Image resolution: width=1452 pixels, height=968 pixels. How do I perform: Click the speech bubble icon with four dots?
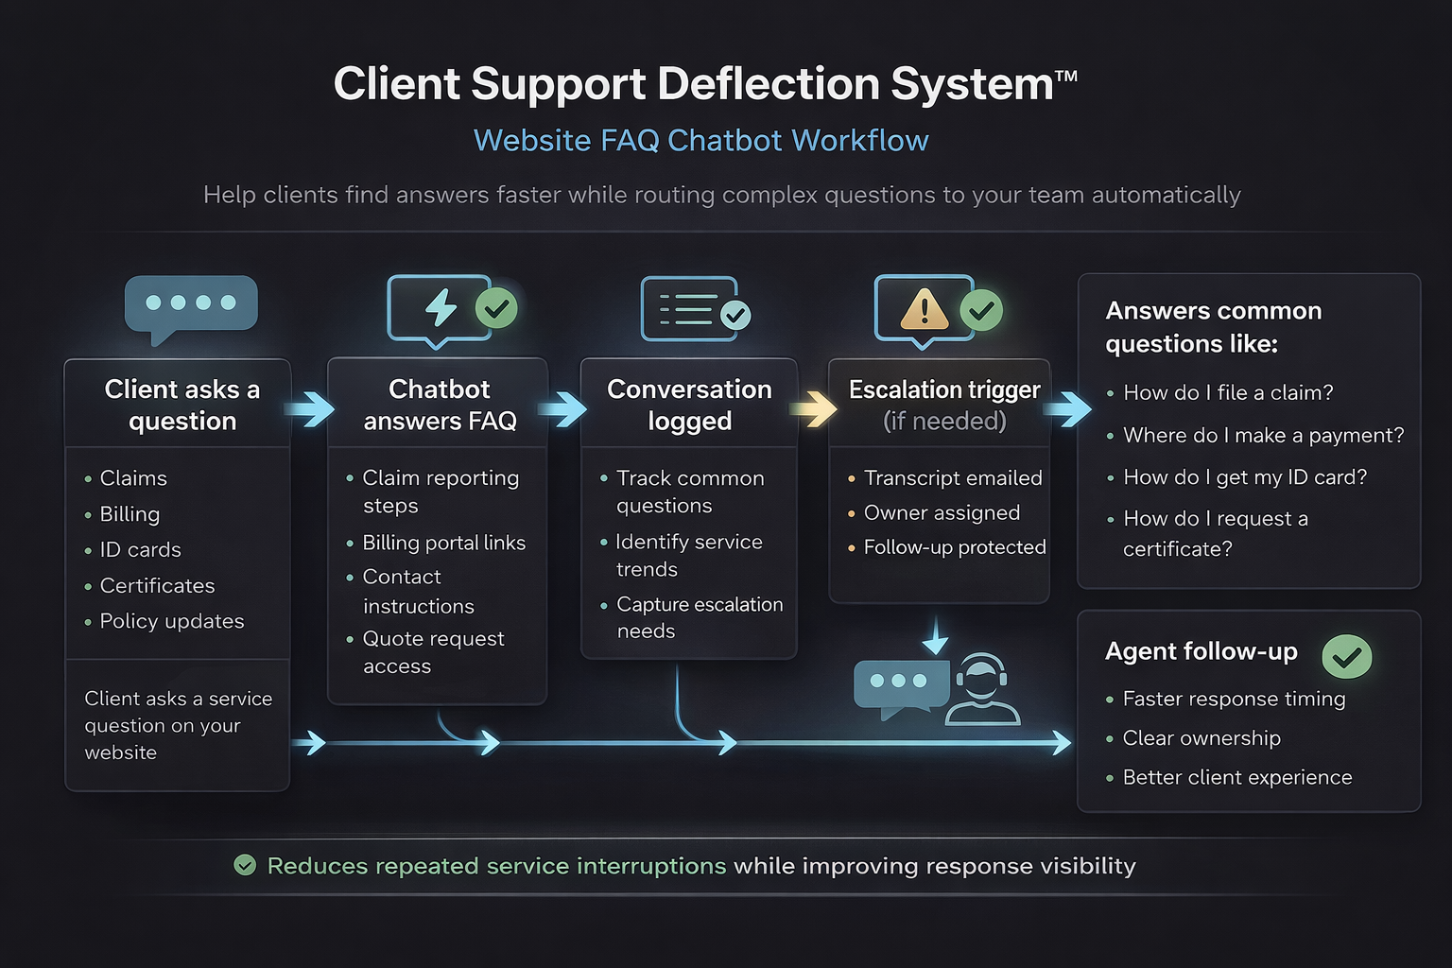pos(191,305)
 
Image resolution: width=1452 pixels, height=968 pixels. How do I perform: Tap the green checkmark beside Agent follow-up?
pos(1346,656)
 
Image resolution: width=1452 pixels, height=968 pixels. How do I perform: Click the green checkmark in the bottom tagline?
pos(245,865)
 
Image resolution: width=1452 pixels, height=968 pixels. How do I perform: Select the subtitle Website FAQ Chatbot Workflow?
pos(700,140)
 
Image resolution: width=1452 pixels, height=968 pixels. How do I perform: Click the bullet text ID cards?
pos(140,550)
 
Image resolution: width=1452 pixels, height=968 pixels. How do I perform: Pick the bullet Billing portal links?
pos(443,543)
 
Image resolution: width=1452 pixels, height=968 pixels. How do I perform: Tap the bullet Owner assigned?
pos(942,512)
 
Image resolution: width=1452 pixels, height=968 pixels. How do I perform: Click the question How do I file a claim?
pos(1227,392)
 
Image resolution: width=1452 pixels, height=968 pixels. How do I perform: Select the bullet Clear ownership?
pos(1201,738)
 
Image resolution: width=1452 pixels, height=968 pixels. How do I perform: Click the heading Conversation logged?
pos(689,405)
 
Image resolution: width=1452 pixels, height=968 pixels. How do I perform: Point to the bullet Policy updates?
pos(171,621)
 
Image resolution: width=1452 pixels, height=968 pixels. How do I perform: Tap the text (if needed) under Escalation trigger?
pos(944,422)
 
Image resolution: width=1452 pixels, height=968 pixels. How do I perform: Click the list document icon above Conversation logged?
pos(688,308)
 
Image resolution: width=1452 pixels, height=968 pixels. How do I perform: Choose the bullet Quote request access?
pos(433,652)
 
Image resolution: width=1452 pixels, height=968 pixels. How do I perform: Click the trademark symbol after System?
pos(1066,75)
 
